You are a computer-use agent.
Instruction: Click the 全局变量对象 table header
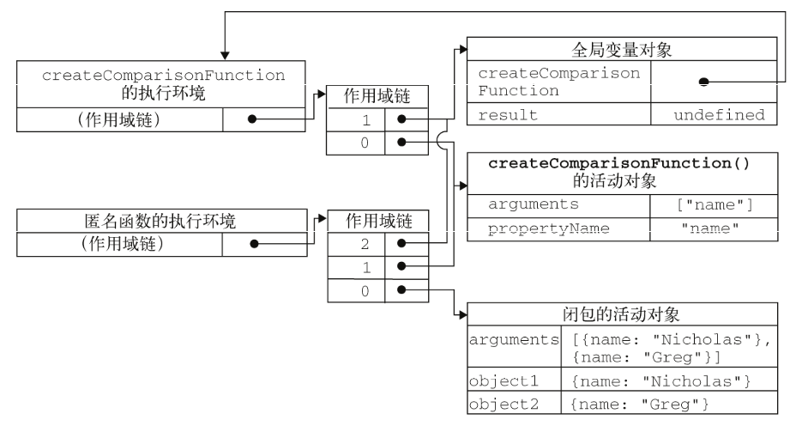621,51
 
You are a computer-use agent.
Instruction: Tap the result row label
558,114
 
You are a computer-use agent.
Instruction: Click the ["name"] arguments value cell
715,204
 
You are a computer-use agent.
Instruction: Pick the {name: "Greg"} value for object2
668,401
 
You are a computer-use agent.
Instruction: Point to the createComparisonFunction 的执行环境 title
163,83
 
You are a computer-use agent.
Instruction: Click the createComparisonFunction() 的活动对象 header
621,173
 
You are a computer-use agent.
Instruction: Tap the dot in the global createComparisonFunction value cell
703,82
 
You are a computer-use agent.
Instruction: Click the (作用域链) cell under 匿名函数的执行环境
119,243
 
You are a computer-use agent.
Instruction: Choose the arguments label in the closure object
511,340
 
